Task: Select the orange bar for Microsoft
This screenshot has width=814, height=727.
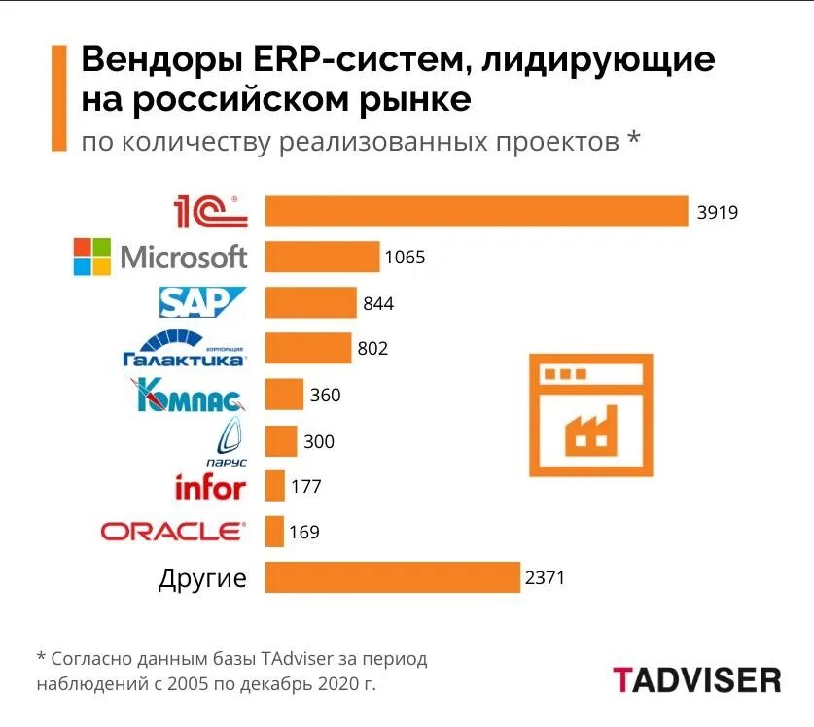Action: (322, 258)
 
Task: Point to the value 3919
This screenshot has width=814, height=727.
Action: (718, 212)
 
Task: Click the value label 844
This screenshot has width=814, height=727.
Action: (378, 303)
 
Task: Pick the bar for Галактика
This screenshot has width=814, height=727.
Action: (307, 348)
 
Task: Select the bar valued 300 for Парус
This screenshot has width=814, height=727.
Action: (281, 441)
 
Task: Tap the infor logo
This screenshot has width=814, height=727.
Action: (210, 486)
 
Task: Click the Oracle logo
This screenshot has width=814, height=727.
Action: (174, 531)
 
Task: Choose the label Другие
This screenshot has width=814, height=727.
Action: (202, 579)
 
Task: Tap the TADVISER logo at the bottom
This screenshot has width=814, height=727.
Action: (696, 678)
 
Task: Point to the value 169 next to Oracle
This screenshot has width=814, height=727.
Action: (303, 533)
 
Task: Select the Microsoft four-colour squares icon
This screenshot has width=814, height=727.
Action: (93, 258)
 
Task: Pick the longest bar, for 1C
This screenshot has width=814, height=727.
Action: (477, 211)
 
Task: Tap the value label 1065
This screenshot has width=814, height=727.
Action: (406, 258)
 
